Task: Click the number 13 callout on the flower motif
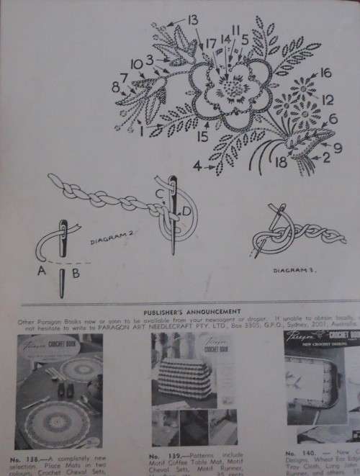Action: pos(193,19)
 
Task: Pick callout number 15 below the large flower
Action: pos(205,133)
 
